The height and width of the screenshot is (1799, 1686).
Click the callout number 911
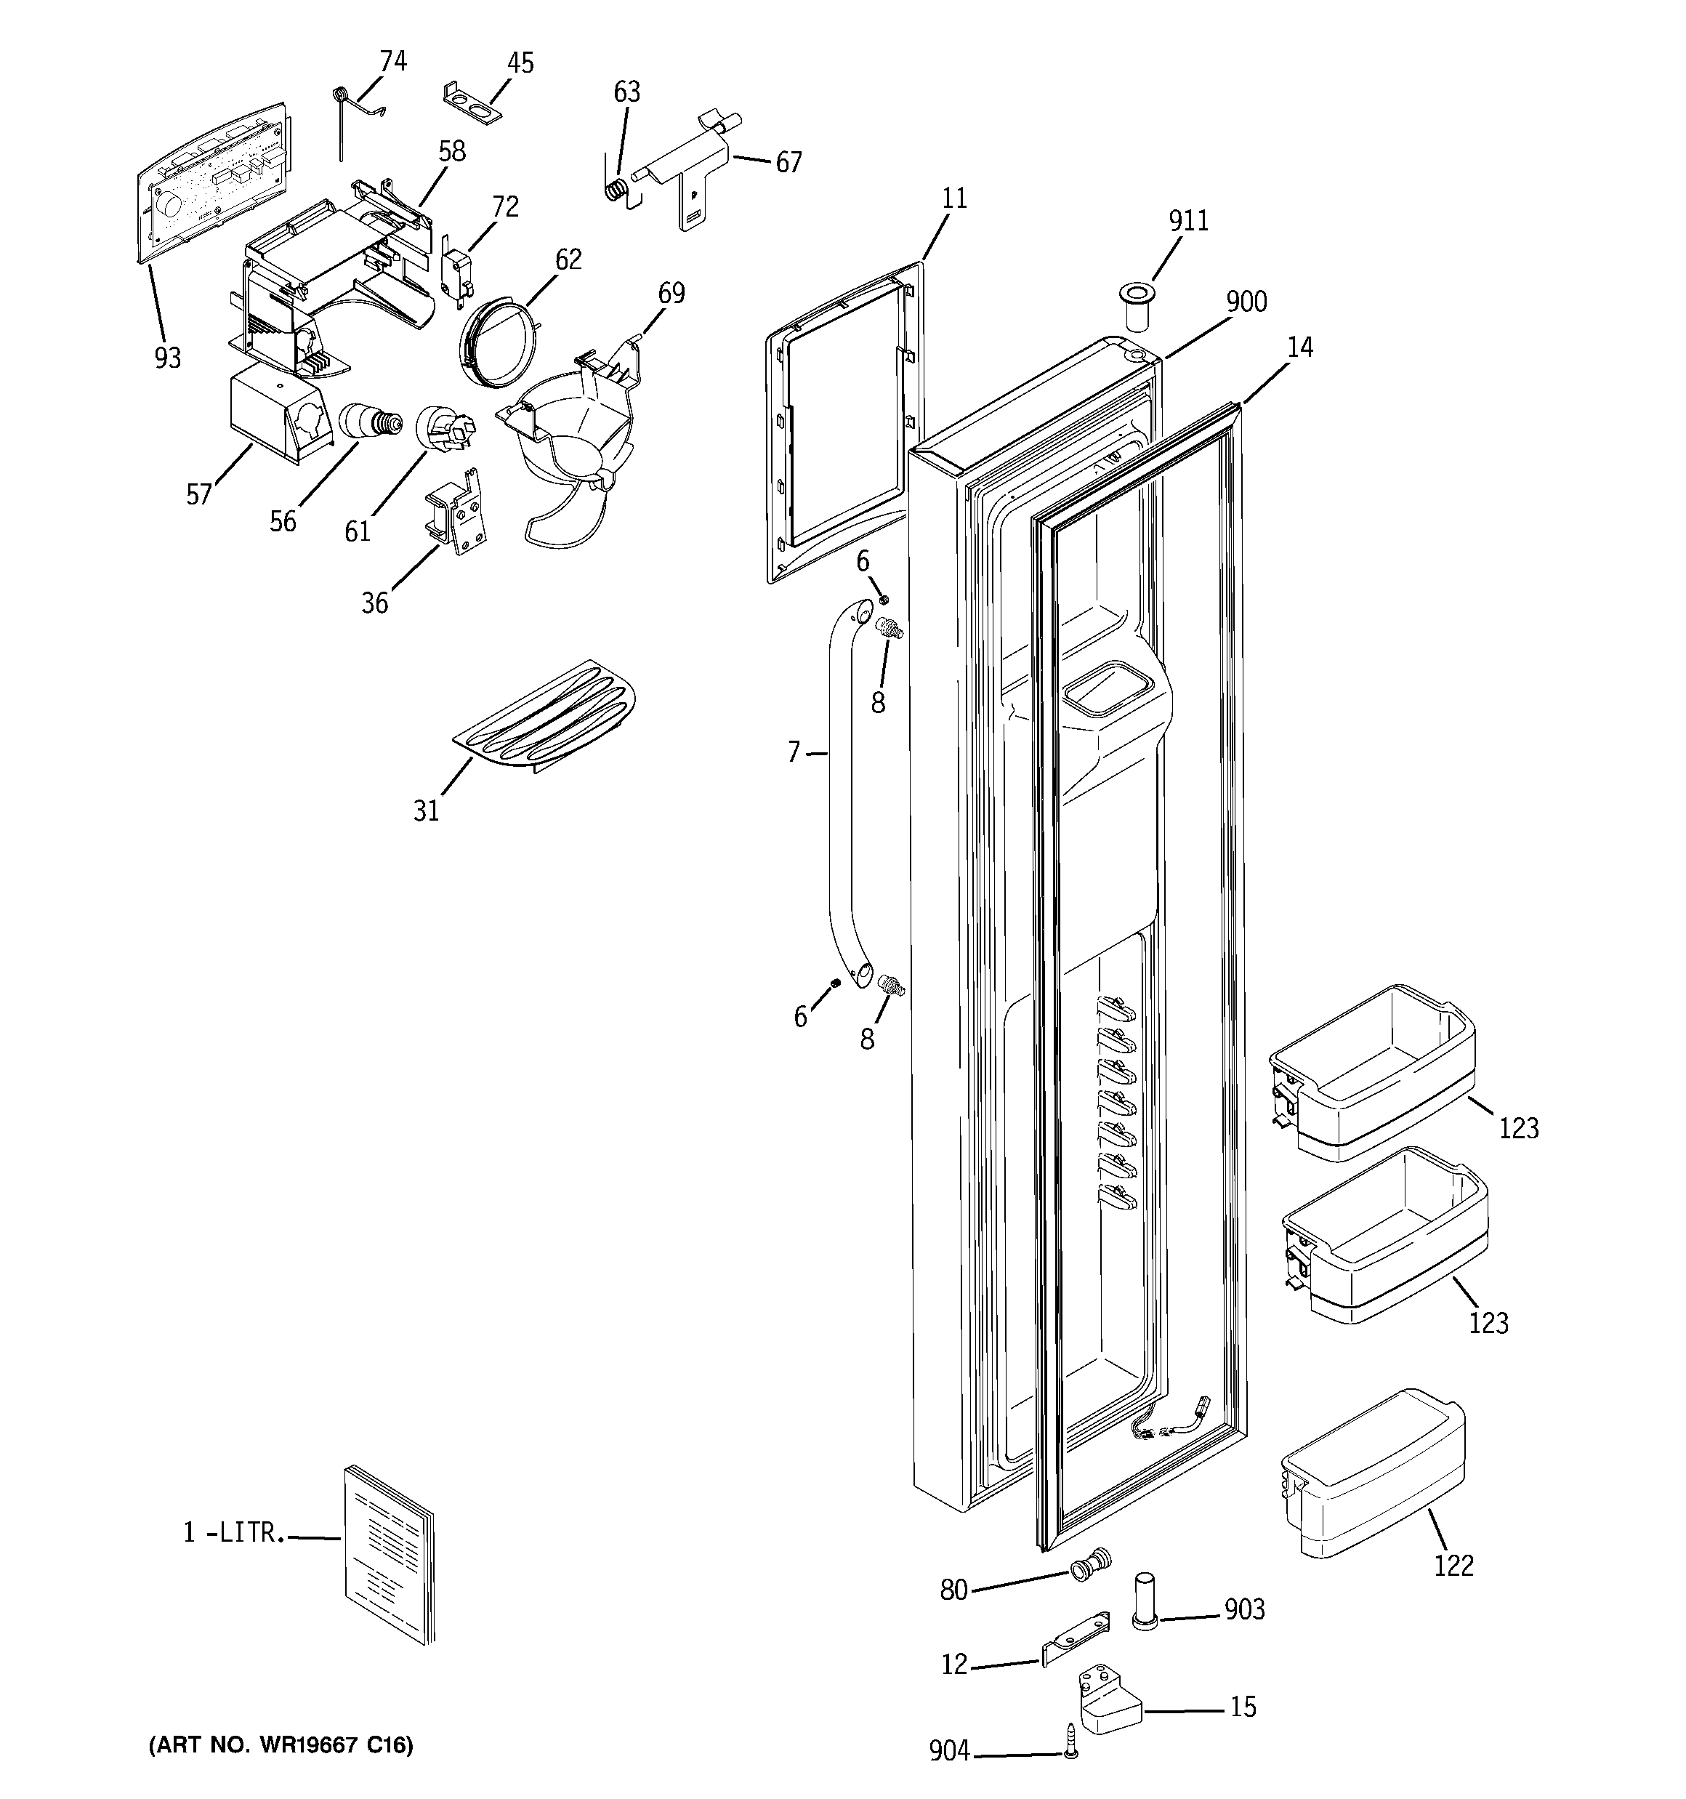click(x=1188, y=221)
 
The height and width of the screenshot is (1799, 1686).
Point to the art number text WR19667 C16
click(x=281, y=1744)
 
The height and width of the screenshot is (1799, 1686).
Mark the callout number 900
click(x=1246, y=302)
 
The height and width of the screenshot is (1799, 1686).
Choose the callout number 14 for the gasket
click(x=1299, y=347)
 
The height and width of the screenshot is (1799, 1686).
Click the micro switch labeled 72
click(x=454, y=270)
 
